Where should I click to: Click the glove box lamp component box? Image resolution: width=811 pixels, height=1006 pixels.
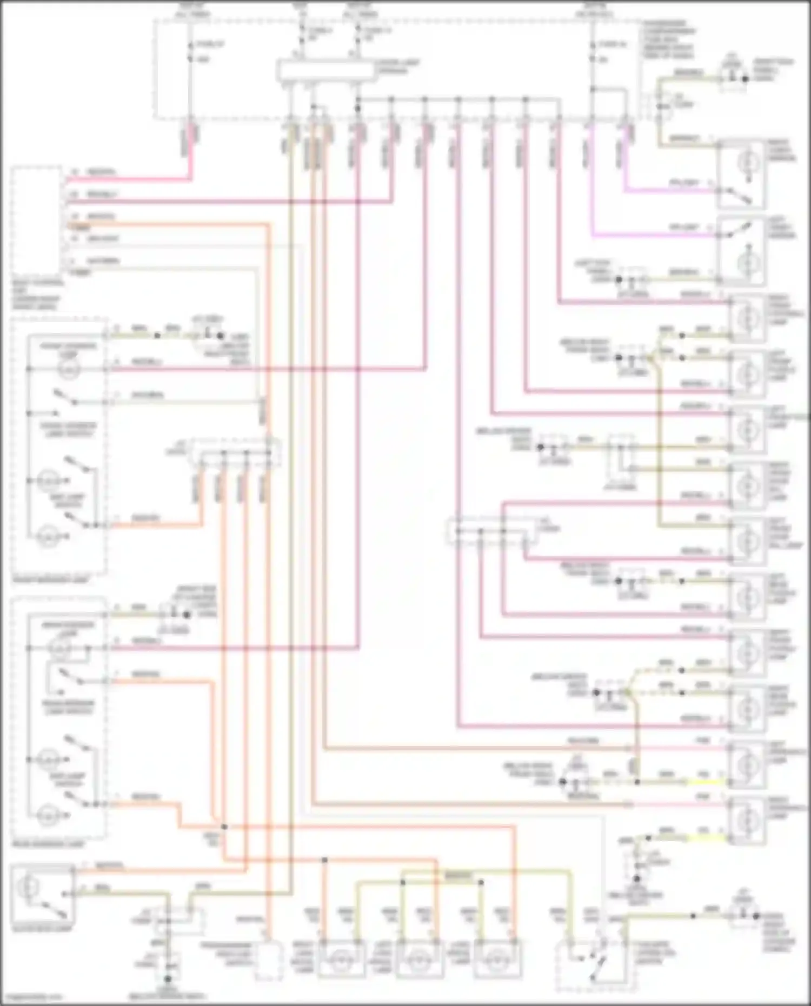42,892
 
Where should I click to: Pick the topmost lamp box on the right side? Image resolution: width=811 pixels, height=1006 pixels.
741,175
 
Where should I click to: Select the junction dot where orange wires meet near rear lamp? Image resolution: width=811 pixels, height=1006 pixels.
224,827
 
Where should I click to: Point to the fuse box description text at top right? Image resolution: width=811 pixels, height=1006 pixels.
668,39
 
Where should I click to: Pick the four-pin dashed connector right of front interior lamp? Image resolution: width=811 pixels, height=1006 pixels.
235,453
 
